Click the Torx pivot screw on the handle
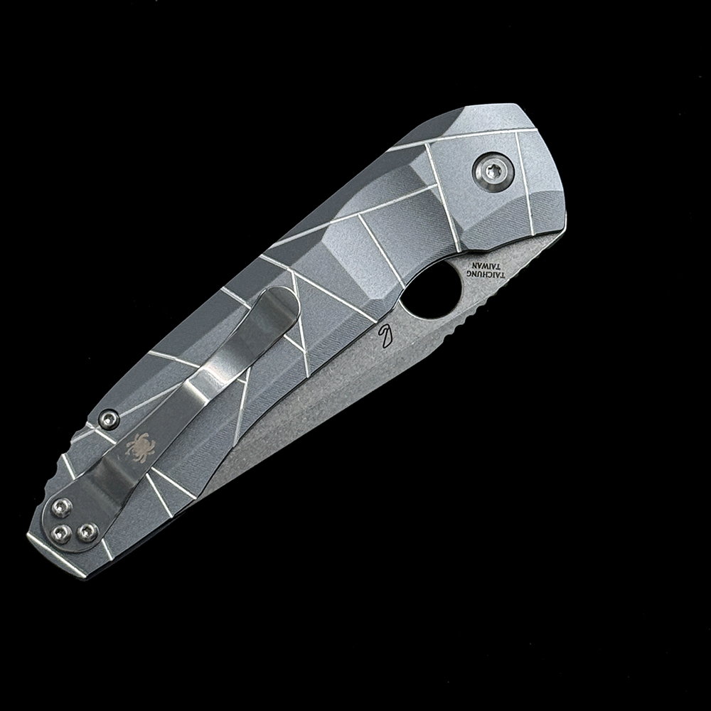point(493,171)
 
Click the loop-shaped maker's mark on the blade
point(385,336)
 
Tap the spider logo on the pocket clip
point(140,447)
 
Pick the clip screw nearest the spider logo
point(61,507)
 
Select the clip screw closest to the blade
point(87,531)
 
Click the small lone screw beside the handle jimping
point(109,419)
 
